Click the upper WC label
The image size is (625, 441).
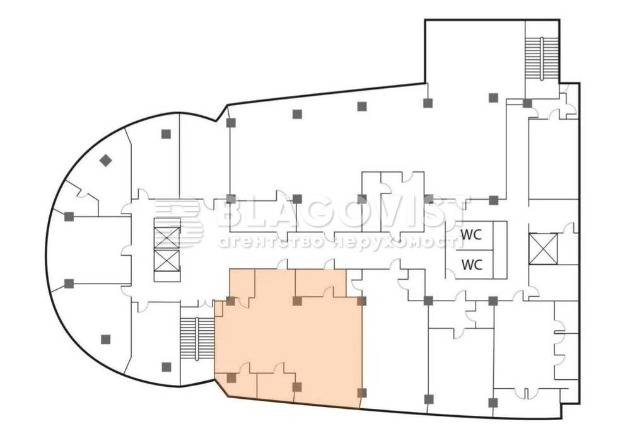pyautogui.click(x=471, y=234)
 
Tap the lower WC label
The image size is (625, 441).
pyautogui.click(x=472, y=264)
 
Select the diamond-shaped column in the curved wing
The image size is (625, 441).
pyautogui.click(x=105, y=161)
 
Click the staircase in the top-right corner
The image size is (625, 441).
pyautogui.click(x=542, y=59)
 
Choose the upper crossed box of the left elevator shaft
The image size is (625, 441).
pyautogui.click(x=167, y=238)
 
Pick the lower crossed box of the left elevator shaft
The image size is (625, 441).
pyautogui.click(x=167, y=260)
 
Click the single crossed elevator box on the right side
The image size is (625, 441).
pyautogui.click(x=543, y=249)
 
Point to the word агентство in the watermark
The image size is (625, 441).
pyautogui.click(x=272, y=241)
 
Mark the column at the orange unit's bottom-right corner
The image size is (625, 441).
pyautogui.click(x=362, y=393)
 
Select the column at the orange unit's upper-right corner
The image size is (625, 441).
pyautogui.click(x=362, y=301)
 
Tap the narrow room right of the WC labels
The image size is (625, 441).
pyautogui.click(x=500, y=250)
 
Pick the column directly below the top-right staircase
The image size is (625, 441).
pyautogui.click(x=528, y=103)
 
